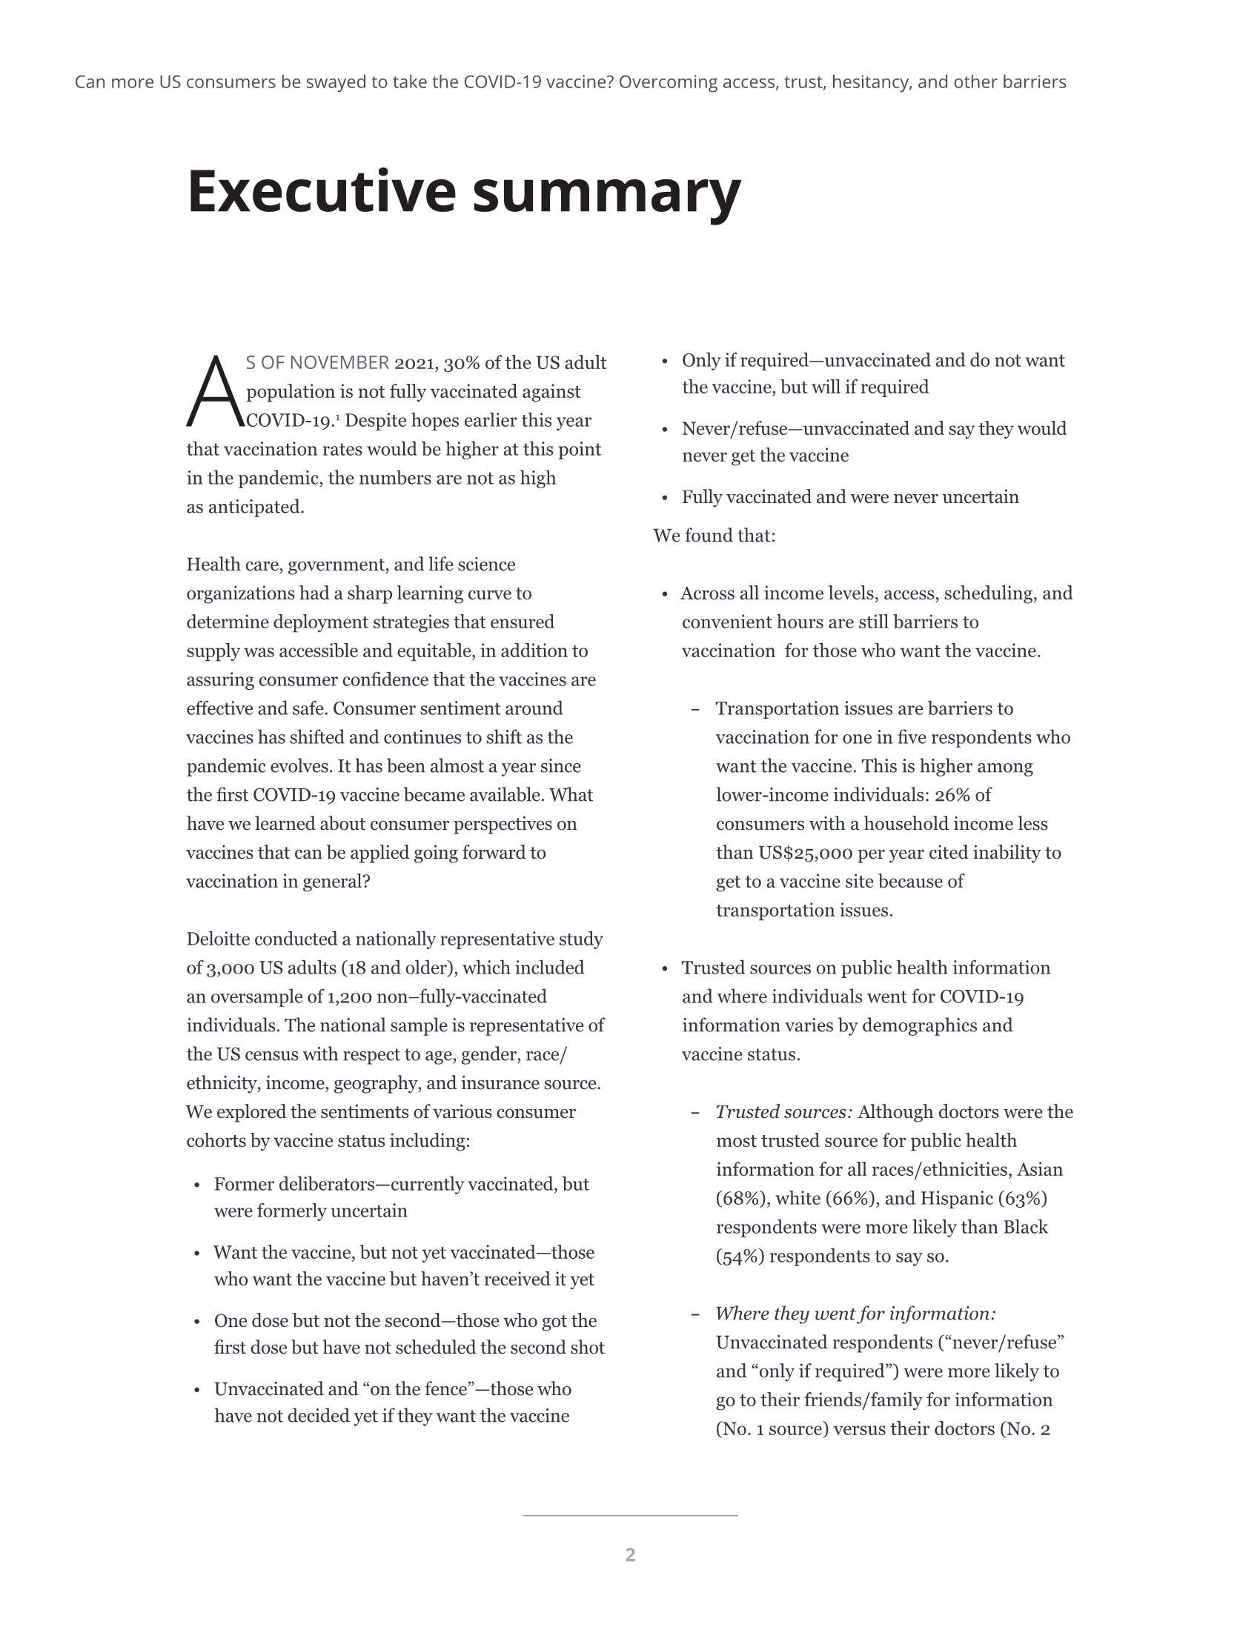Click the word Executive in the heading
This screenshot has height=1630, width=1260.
(x=321, y=192)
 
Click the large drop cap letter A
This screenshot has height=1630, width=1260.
(x=214, y=392)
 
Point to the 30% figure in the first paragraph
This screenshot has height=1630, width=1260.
(x=461, y=364)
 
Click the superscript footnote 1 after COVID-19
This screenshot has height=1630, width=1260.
(x=337, y=416)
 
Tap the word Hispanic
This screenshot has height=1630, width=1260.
(x=955, y=1199)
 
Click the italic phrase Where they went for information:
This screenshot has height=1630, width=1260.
(x=855, y=1314)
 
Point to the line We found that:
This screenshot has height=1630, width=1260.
(x=714, y=536)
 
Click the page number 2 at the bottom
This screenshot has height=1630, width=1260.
(x=630, y=1554)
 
